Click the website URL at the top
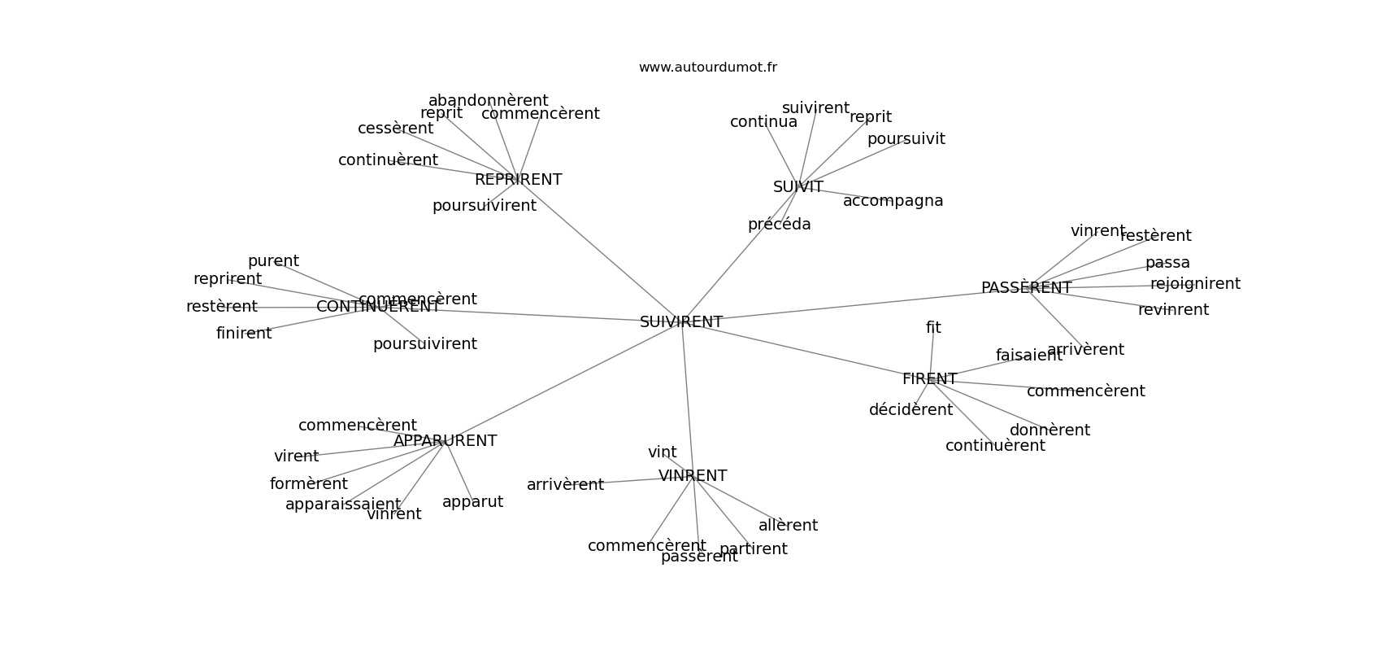[707, 68]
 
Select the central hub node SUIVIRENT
[681, 322]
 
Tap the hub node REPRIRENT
[518, 180]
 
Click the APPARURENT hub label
[445, 441]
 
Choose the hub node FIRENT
[929, 379]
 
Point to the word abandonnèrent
[488, 101]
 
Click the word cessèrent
[395, 129]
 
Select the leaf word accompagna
[893, 201]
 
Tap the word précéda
[779, 225]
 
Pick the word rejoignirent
[1195, 284]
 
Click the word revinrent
[1173, 310]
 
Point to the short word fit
[933, 328]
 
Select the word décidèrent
[910, 410]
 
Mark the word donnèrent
[1050, 430]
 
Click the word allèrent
[788, 526]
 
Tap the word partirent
[754, 549]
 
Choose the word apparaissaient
[342, 505]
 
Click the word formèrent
[308, 484]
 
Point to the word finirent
[244, 334]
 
